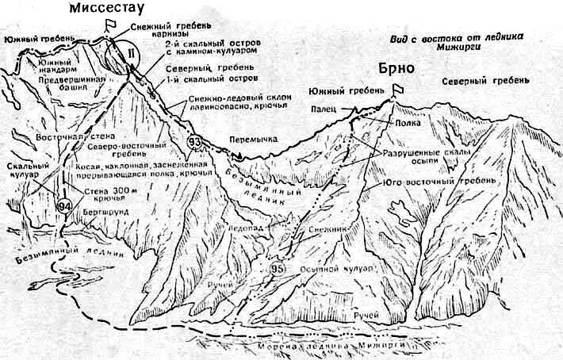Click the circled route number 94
[66, 206]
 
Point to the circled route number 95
[278, 270]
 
